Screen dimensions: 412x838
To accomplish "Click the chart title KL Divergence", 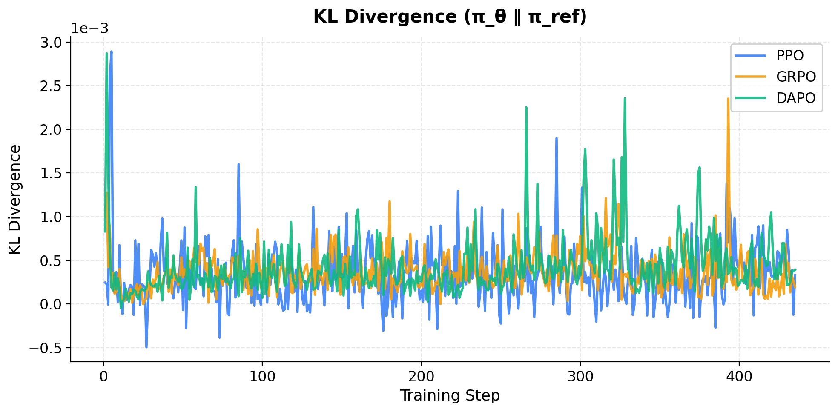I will pyautogui.click(x=450, y=17).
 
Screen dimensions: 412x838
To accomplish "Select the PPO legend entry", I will pyautogui.click(x=789, y=56).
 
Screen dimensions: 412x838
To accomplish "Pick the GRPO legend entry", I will pyautogui.click(x=795, y=77).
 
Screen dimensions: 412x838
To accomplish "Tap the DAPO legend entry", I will pyautogui.click(x=795, y=98).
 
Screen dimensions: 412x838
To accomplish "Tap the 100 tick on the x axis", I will pyautogui.click(x=262, y=377).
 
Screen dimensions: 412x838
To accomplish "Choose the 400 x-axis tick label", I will pyautogui.click(x=739, y=377).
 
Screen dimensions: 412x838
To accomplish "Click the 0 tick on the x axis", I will pyautogui.click(x=103, y=377).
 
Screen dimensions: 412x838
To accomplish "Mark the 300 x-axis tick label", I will pyautogui.click(x=580, y=377).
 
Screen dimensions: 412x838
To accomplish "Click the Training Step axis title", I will pyautogui.click(x=450, y=396).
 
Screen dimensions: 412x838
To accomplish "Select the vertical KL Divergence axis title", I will pyautogui.click(x=15, y=200).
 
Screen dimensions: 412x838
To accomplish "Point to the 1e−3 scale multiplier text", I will pyautogui.click(x=89, y=29).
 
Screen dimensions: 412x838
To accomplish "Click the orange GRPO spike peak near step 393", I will pyautogui.click(x=728, y=99).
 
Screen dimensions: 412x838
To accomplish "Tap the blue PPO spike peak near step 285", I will pyautogui.click(x=556, y=138).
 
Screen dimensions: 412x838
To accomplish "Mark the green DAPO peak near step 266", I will pyautogui.click(x=526, y=108).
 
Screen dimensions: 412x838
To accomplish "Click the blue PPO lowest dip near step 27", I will pyautogui.click(x=146, y=347).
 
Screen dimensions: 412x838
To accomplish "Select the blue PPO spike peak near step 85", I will pyautogui.click(x=238, y=164).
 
